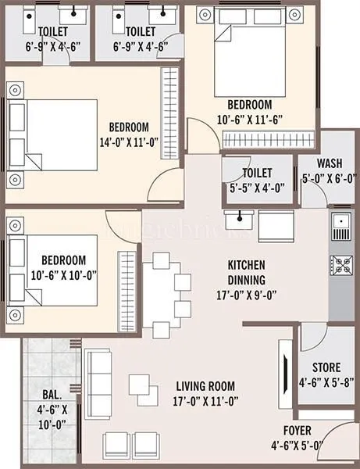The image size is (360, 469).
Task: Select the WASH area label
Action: tap(329, 164)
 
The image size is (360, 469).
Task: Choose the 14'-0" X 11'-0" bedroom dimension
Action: tap(128, 141)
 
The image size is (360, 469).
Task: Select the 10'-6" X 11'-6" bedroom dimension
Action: tap(249, 119)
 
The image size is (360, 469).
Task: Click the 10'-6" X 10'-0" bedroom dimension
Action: tap(59, 274)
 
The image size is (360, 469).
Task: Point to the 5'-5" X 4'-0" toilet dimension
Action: tap(256, 187)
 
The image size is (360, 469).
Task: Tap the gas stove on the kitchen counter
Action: tap(340, 268)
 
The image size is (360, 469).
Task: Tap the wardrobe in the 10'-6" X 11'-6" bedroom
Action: tap(265, 139)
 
